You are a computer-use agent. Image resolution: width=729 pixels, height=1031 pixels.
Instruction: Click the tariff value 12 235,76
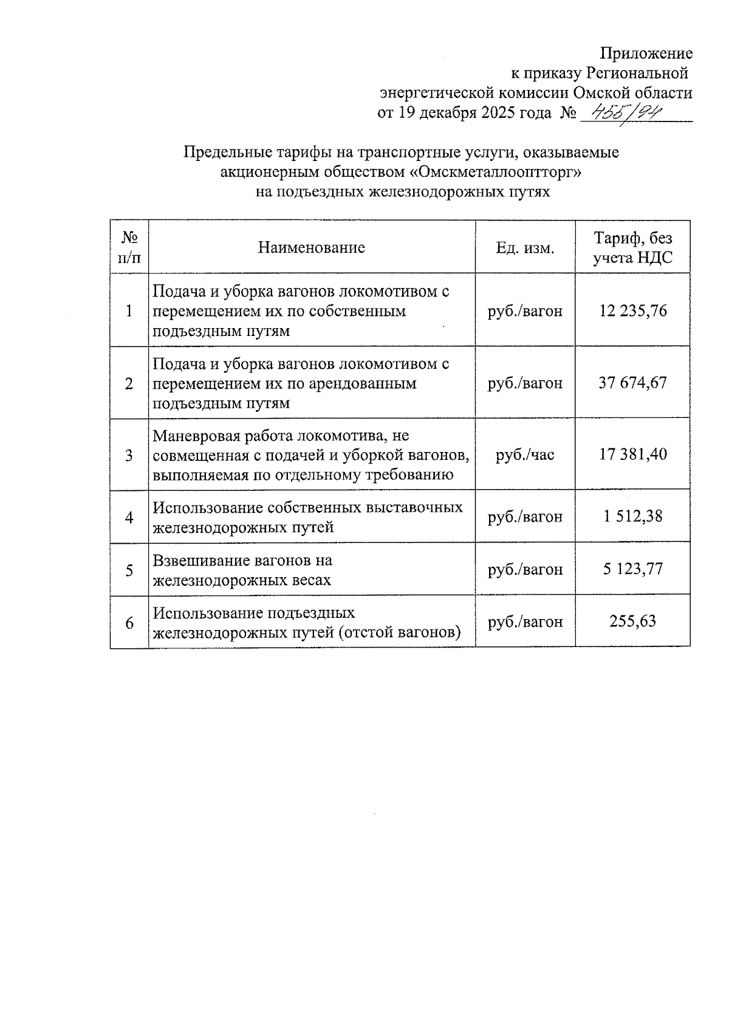point(632,311)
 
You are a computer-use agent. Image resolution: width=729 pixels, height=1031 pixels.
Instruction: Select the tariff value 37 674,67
point(632,383)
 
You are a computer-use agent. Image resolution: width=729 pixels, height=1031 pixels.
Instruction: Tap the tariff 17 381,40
point(632,454)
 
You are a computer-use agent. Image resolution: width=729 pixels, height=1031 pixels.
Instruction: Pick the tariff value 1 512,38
point(632,516)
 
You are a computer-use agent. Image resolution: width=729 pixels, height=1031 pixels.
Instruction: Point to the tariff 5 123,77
point(632,569)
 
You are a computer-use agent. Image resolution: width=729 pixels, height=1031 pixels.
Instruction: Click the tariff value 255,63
point(632,622)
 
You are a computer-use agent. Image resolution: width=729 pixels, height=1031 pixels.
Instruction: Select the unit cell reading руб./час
point(525,454)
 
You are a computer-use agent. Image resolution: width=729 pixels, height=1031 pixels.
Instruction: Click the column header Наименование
point(311,247)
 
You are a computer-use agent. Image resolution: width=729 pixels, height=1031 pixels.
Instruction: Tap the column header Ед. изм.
point(525,248)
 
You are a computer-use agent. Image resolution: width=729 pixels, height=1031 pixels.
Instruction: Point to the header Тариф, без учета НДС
point(632,247)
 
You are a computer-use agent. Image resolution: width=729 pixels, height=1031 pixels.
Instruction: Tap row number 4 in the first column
point(129,517)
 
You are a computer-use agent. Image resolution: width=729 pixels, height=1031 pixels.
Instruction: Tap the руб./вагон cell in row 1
point(525,311)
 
